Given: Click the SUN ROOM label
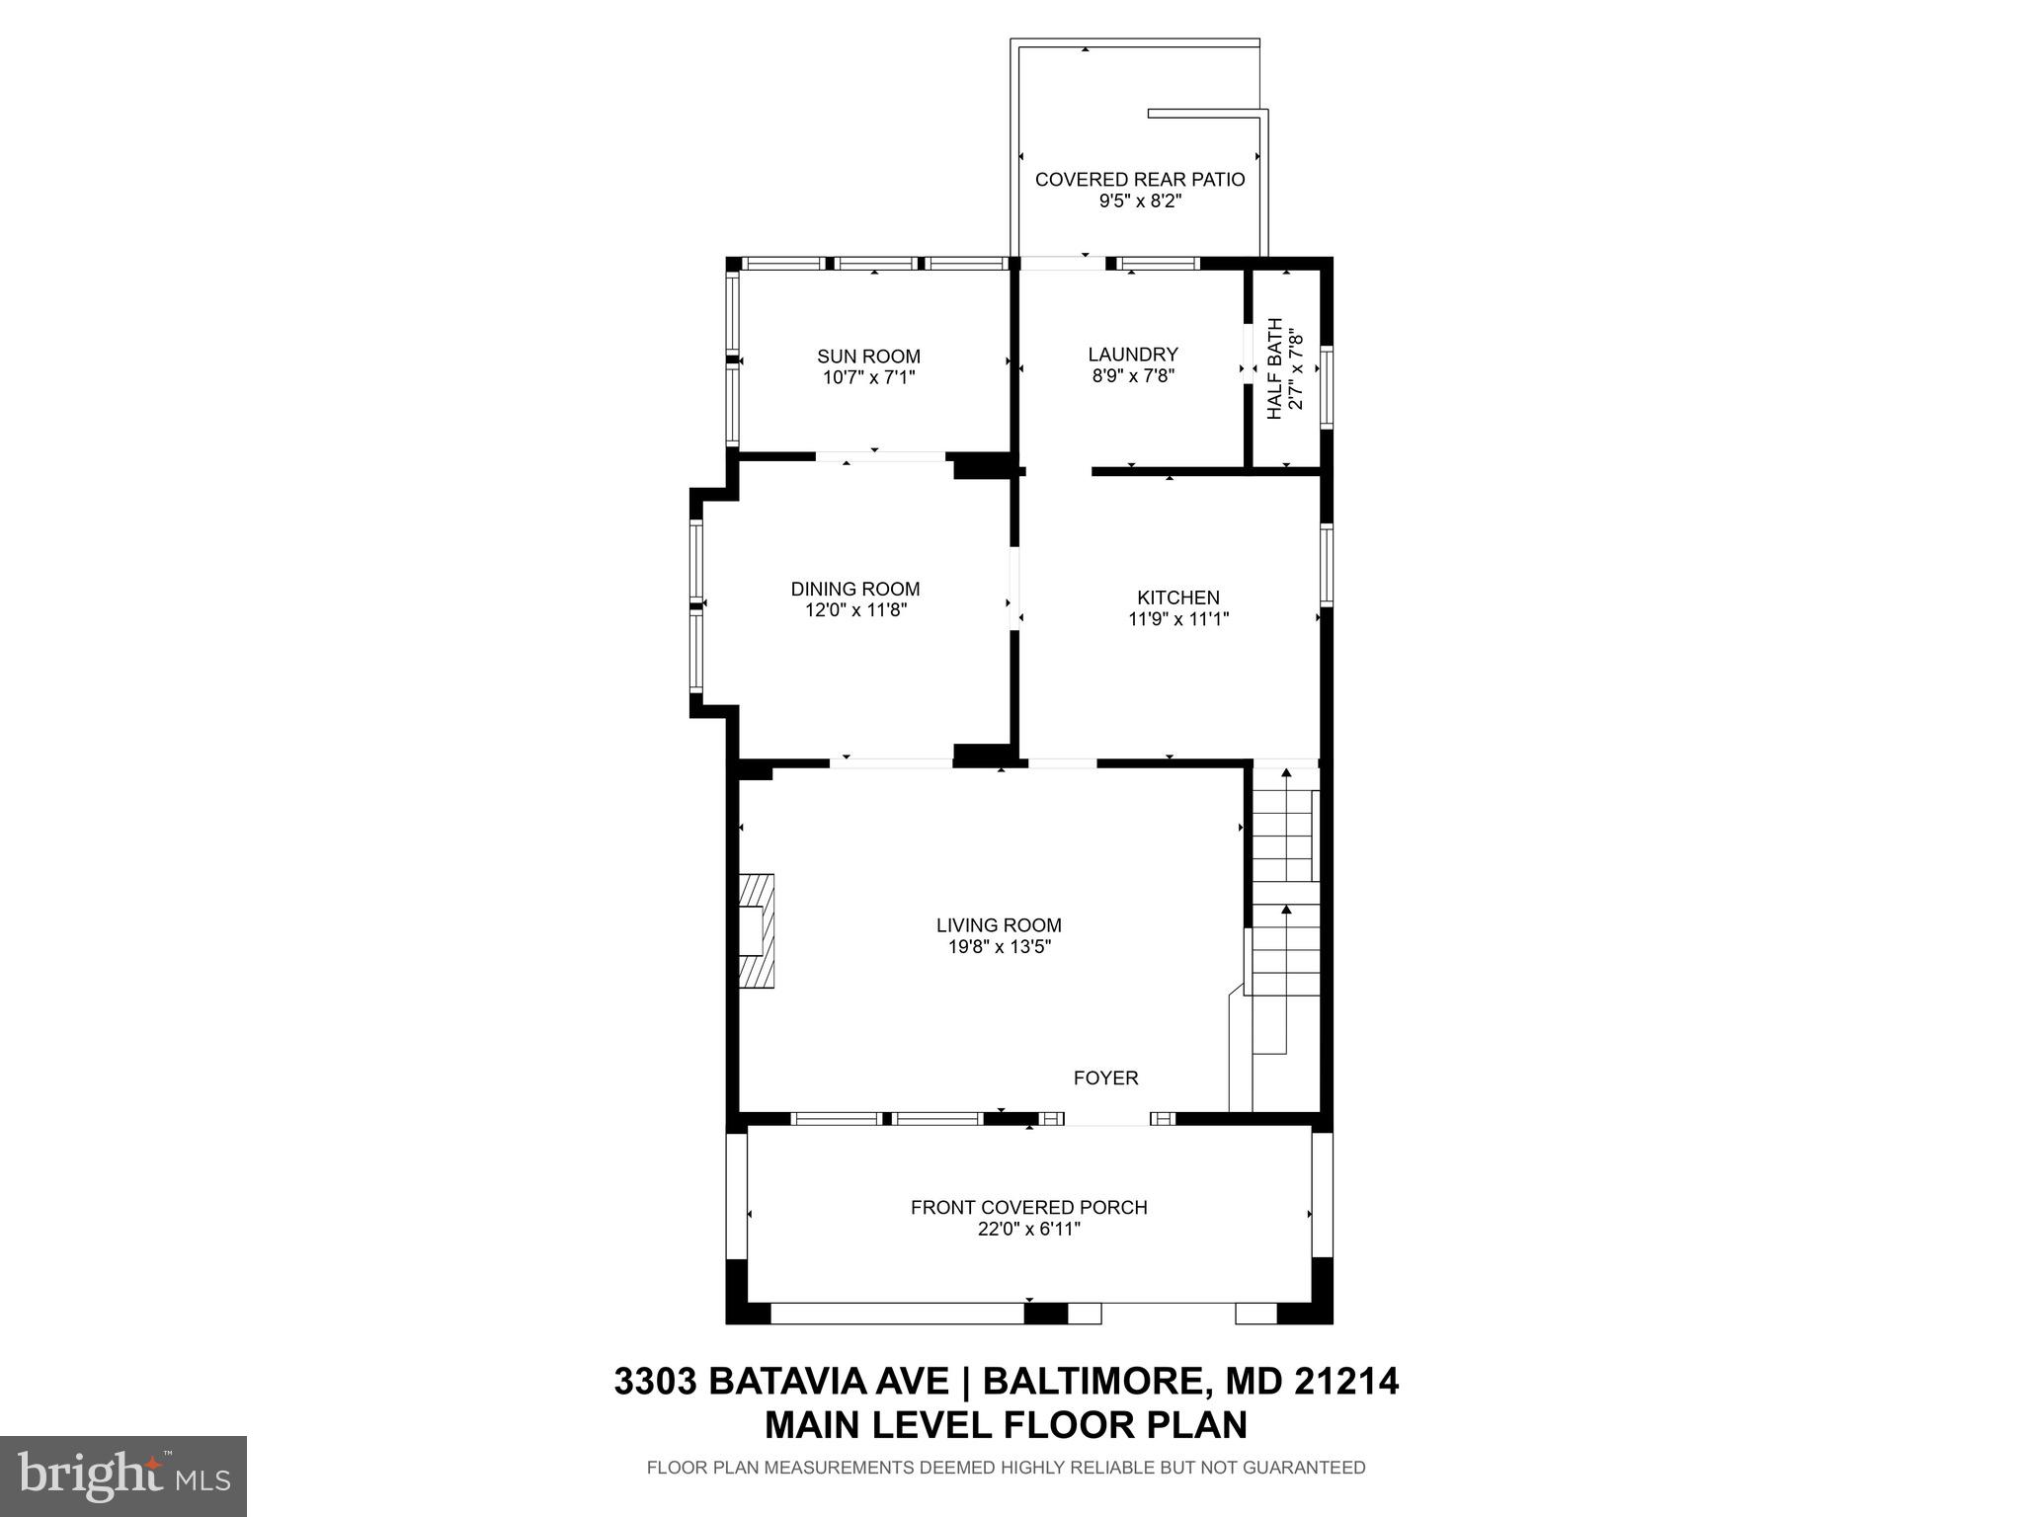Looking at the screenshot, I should tap(868, 357).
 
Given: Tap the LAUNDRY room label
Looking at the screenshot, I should tap(1132, 355).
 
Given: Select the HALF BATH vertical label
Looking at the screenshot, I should tap(1275, 368).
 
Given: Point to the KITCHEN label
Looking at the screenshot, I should tap(1177, 598).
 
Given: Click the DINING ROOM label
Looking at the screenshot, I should tap(854, 589).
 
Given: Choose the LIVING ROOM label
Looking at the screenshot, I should tap(999, 925).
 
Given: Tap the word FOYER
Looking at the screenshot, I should tap(1105, 1078).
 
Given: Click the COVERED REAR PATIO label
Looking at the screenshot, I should tap(1139, 180).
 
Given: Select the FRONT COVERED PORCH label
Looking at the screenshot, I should tap(1028, 1208).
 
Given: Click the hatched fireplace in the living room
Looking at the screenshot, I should tap(757, 929).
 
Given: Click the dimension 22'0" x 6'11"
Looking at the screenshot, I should tap(1028, 1230).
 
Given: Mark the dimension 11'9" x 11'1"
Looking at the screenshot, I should tap(1177, 619).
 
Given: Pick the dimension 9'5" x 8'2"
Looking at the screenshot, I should tap(1140, 200).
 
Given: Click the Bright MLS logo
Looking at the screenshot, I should tap(122, 1475).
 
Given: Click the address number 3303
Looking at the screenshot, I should tap(655, 1380).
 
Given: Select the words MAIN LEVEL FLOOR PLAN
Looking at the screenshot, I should tap(1006, 1424).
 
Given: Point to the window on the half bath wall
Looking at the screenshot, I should tap(1327, 387).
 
